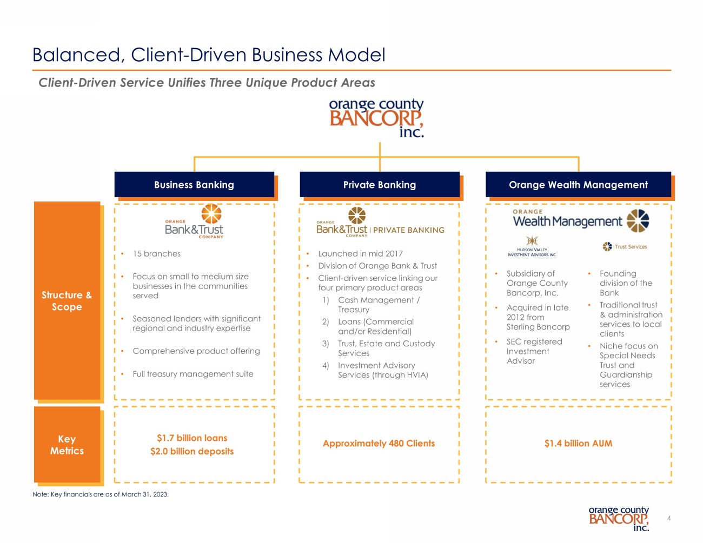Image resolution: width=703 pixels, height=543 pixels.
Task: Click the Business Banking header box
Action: [194, 185]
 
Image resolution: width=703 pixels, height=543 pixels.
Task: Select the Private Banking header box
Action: [380, 185]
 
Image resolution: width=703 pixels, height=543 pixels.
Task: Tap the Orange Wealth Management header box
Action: [578, 185]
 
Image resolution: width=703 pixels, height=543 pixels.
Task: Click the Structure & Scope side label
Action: [67, 300]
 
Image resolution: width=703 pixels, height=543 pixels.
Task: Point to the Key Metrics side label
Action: [67, 445]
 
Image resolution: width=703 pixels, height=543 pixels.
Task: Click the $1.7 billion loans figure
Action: [192, 438]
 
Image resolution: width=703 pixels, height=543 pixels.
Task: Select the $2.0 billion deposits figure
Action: [192, 451]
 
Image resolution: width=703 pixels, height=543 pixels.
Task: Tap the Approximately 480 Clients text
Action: [379, 444]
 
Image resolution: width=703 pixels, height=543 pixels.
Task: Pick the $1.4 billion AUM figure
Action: [578, 444]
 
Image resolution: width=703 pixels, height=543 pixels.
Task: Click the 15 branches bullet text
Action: [157, 254]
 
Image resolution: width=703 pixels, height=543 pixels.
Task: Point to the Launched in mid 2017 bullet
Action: [360, 254]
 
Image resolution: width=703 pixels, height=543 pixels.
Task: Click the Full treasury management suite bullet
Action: [193, 374]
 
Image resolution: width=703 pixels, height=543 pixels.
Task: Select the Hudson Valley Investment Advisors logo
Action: [532, 246]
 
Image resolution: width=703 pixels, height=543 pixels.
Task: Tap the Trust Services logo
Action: [625, 246]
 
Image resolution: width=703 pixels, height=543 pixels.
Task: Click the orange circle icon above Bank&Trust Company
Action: [211, 213]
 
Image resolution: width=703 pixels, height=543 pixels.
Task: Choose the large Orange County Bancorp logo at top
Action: [376, 118]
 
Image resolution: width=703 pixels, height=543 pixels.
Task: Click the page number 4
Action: [669, 519]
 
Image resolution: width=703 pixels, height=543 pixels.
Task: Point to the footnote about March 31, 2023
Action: [100, 494]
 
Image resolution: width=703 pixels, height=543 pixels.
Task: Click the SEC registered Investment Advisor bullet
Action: [534, 351]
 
